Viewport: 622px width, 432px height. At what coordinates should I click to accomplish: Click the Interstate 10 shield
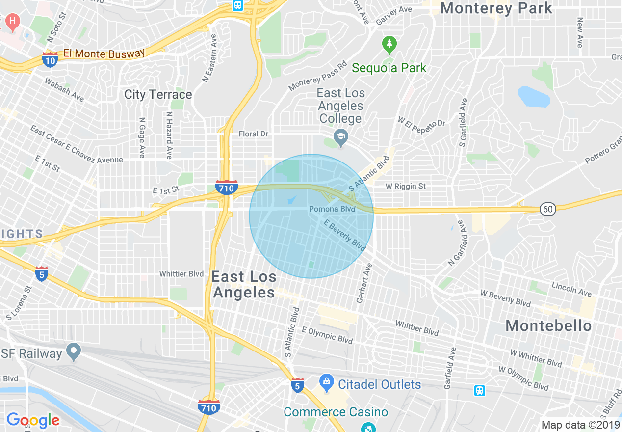pos(50,59)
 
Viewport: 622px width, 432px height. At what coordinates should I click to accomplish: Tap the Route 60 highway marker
pos(548,209)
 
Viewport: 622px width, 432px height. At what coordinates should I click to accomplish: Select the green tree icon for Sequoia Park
pos(389,45)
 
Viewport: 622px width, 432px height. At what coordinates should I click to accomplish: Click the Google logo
pos(33,420)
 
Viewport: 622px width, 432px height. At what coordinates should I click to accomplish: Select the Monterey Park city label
pos(496,8)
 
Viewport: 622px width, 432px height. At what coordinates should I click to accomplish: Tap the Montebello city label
pos(548,325)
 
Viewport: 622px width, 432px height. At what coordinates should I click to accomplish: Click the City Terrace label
pos(158,94)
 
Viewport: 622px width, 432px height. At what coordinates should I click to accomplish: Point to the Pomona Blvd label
pos(332,209)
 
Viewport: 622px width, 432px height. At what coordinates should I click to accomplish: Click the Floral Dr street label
pos(254,134)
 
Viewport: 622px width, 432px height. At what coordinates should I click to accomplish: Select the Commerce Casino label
pos(336,412)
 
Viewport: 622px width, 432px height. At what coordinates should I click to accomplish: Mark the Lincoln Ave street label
pos(571,289)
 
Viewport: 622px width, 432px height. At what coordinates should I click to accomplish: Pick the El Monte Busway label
pos(104,53)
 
